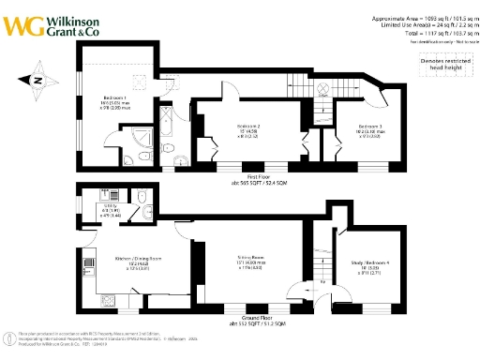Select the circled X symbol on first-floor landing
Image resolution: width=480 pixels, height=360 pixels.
click(x=322, y=92)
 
